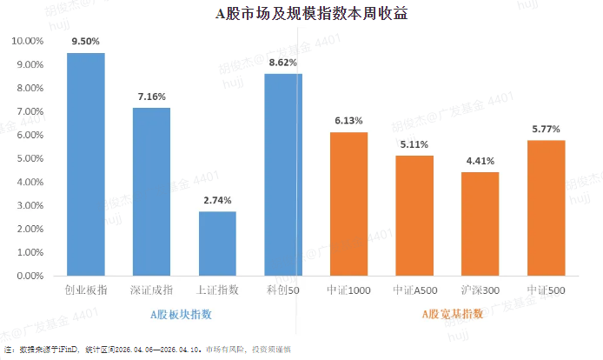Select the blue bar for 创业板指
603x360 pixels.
tap(86, 164)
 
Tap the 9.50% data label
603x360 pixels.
tap(86, 41)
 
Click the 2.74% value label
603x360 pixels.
tap(217, 200)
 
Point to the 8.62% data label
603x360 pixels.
tap(283, 63)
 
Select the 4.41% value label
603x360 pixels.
tap(480, 160)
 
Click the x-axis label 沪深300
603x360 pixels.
tap(480, 290)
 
